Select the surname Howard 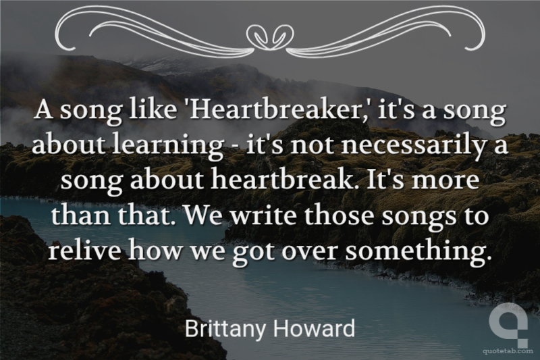tap(314, 328)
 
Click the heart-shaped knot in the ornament tap(271, 36)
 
